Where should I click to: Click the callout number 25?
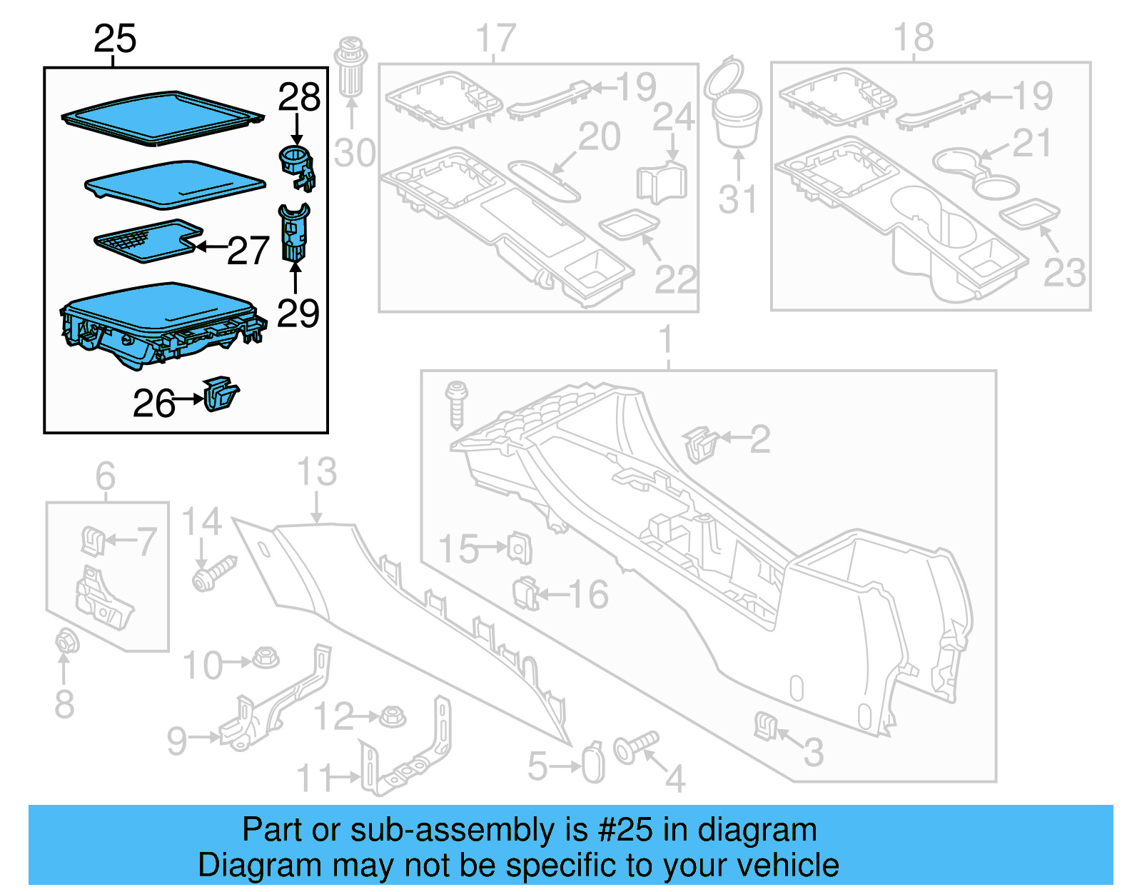click(114, 39)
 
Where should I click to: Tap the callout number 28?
click(298, 97)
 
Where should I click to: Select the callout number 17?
click(495, 38)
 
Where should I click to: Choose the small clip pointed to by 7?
click(93, 541)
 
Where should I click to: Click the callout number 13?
click(316, 472)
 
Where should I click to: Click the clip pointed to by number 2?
click(700, 444)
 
